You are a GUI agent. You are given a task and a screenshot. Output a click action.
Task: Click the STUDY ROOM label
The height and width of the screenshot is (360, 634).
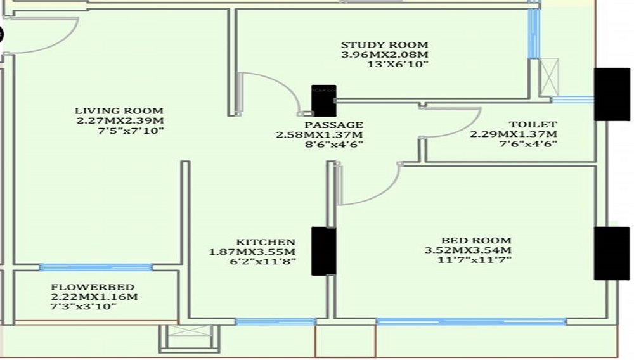tap(384, 45)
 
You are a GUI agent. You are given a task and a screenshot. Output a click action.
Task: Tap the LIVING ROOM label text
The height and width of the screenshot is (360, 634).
tap(119, 111)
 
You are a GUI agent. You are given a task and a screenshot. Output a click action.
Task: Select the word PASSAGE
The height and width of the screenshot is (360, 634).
tap(329, 125)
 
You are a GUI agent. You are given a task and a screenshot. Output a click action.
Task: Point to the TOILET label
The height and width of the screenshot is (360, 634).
tap(524, 125)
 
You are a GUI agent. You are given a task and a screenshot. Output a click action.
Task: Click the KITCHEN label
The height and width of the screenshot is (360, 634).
tap(266, 242)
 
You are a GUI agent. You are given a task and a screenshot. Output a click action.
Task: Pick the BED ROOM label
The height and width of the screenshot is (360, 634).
tap(476, 240)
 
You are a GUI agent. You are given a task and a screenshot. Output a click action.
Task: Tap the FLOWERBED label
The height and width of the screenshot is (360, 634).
tap(83, 286)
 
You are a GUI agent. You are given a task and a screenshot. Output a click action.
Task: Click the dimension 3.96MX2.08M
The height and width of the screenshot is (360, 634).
tap(384, 55)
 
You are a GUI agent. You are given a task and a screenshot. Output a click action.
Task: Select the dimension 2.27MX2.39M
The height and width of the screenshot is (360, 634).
tap(120, 121)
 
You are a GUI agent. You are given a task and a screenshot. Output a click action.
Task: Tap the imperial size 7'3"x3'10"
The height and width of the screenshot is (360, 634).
tap(84, 307)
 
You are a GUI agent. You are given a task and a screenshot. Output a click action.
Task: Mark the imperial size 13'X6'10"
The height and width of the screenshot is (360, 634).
tap(398, 65)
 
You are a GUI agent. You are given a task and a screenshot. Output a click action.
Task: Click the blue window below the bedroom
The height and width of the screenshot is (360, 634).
tap(470, 322)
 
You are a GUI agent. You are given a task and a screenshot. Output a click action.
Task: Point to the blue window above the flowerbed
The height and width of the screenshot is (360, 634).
tap(96, 267)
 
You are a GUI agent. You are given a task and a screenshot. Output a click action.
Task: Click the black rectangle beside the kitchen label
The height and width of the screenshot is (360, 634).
tap(323, 251)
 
